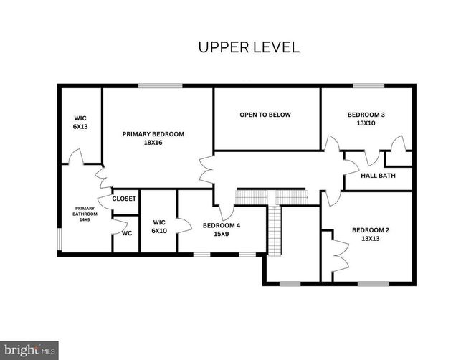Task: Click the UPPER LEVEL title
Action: click(x=249, y=47)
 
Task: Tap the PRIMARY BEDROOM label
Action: click(x=153, y=134)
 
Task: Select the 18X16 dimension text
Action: click(x=153, y=143)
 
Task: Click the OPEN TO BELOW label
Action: click(x=265, y=115)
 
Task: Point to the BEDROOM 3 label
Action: click(x=366, y=115)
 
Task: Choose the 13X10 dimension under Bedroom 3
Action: click(x=366, y=123)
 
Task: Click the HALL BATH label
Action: click(x=378, y=176)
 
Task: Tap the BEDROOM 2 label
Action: click(x=371, y=230)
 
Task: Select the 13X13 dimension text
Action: click(x=371, y=238)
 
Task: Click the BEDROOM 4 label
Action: click(x=222, y=225)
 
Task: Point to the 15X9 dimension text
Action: click(x=222, y=234)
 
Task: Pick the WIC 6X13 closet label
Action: click(x=80, y=123)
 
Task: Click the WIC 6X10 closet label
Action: click(x=159, y=227)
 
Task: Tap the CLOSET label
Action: click(x=124, y=199)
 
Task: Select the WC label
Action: click(x=127, y=233)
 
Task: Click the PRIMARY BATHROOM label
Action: click(x=85, y=214)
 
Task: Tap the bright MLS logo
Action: click(x=29, y=350)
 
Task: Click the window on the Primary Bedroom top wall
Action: click(x=161, y=86)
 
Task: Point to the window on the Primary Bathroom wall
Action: click(x=60, y=240)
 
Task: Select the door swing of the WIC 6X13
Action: click(x=76, y=156)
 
